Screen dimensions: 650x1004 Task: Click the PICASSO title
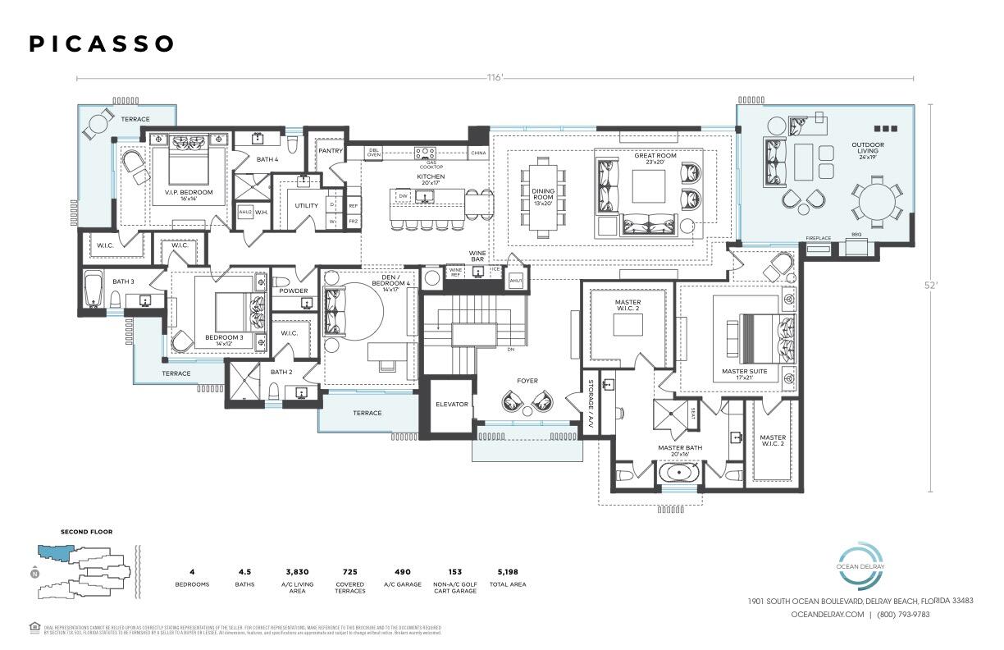[102, 44]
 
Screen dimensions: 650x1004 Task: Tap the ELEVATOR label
[451, 404]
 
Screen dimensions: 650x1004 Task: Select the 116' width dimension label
[494, 78]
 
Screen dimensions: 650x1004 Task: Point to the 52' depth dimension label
[930, 286]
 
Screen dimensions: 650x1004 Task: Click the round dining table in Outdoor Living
[874, 201]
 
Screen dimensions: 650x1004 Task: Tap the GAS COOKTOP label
[426, 163]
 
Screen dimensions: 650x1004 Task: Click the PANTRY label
[331, 151]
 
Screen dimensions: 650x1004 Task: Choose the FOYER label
[527, 381]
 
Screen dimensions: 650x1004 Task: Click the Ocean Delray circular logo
[859, 565]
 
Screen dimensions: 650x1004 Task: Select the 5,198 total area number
[507, 571]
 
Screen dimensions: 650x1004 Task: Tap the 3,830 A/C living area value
[297, 571]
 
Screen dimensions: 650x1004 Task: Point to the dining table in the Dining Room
[542, 198]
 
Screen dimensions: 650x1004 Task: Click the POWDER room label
[293, 291]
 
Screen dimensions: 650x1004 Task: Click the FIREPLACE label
[818, 238]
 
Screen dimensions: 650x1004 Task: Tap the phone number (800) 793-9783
[903, 614]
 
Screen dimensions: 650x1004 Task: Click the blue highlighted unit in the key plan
[51, 553]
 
